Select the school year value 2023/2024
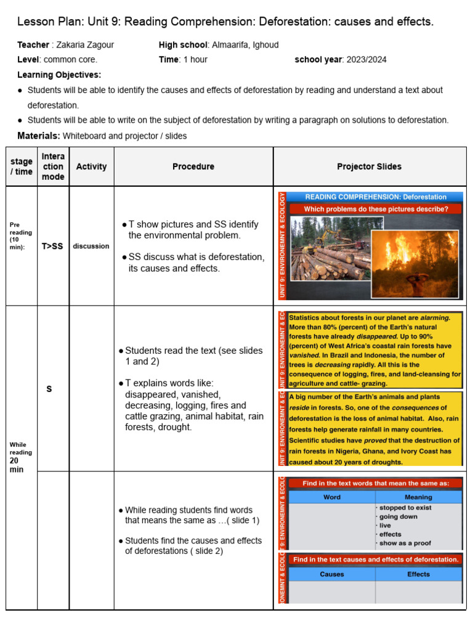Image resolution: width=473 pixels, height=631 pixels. tap(366, 60)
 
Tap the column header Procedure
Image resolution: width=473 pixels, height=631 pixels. tap(193, 166)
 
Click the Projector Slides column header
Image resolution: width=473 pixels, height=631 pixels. tap(369, 166)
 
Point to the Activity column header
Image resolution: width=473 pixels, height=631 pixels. tap(91, 166)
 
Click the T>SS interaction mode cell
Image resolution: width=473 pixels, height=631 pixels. tap(52, 246)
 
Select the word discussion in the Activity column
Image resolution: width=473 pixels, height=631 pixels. tap(91, 246)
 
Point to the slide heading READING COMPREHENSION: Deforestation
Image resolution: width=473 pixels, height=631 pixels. tap(376, 197)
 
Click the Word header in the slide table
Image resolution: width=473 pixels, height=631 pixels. tap(332, 497)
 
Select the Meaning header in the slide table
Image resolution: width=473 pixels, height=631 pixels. tap(418, 497)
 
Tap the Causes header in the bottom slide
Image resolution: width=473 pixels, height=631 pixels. tap(332, 574)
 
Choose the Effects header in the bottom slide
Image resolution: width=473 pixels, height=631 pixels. tap(418, 574)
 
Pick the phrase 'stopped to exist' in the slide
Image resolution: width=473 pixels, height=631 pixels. tap(405, 508)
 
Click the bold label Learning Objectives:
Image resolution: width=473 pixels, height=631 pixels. tap(59, 75)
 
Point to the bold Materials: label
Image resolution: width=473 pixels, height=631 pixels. tap(39, 136)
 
